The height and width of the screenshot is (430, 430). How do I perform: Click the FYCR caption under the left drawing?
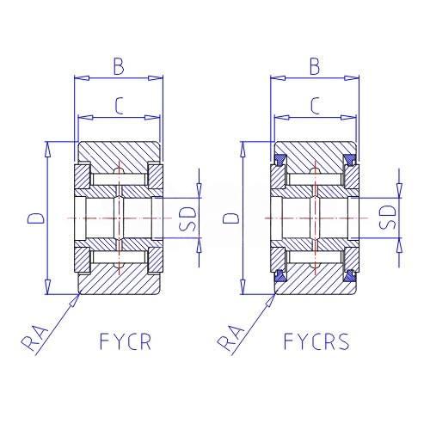[x=126, y=341]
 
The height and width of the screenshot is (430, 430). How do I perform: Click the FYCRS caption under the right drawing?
[x=316, y=341]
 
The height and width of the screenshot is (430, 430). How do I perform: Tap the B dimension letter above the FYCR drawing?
[x=119, y=66]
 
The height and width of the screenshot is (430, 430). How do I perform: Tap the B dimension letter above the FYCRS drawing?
[x=315, y=66]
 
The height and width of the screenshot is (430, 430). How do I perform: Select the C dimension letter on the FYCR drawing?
[x=119, y=106]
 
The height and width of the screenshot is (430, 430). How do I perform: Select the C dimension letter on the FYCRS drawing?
[x=316, y=106]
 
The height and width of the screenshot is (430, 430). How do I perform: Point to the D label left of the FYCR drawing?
[x=36, y=218]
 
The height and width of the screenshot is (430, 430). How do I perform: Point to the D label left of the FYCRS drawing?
[x=231, y=218]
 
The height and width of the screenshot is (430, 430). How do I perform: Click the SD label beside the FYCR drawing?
[x=187, y=218]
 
